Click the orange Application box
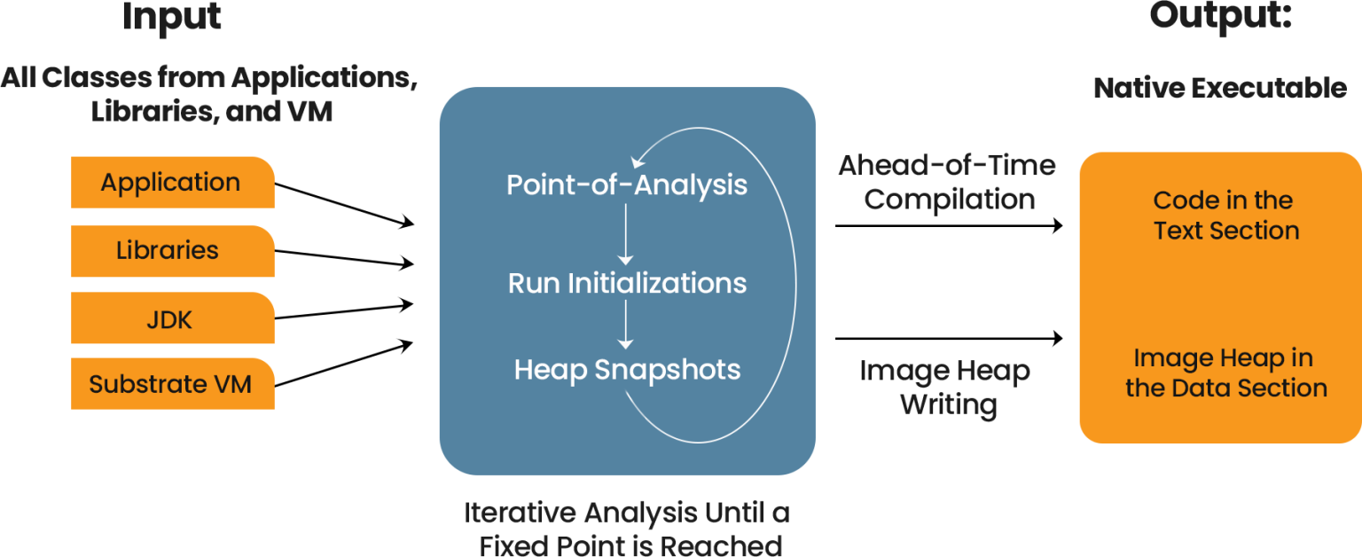[172, 183]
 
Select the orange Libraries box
[172, 251]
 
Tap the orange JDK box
[172, 319]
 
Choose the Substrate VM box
[172, 384]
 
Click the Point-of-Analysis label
[626, 185]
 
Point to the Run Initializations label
[626, 284]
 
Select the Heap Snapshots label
[626, 369]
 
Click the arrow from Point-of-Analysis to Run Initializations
[626, 234]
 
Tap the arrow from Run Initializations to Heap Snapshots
[626, 325]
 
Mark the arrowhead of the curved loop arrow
[636, 161]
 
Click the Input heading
[172, 16]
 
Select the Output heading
[1220, 16]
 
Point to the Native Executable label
[1220, 88]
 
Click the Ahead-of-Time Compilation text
[947, 183]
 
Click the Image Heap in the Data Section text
[1225, 373]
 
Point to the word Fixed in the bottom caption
[518, 544]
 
